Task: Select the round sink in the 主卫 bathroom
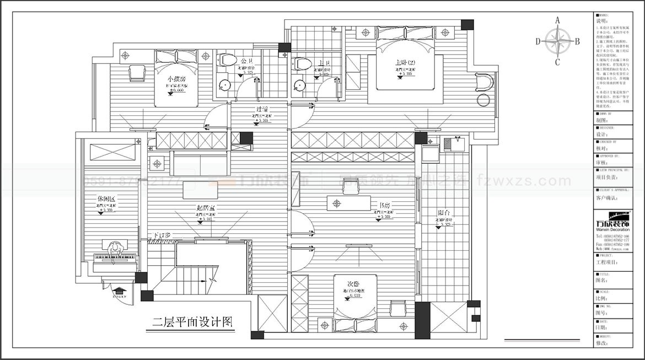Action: click(x=299, y=85)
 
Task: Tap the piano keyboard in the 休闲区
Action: click(x=115, y=256)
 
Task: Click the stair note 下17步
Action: click(x=162, y=235)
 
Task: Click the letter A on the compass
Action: click(x=557, y=20)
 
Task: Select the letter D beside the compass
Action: click(x=538, y=41)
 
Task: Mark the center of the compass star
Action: click(x=557, y=41)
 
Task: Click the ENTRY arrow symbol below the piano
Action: click(x=120, y=290)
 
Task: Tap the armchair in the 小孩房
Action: click(x=137, y=73)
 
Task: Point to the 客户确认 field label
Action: click(x=606, y=197)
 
